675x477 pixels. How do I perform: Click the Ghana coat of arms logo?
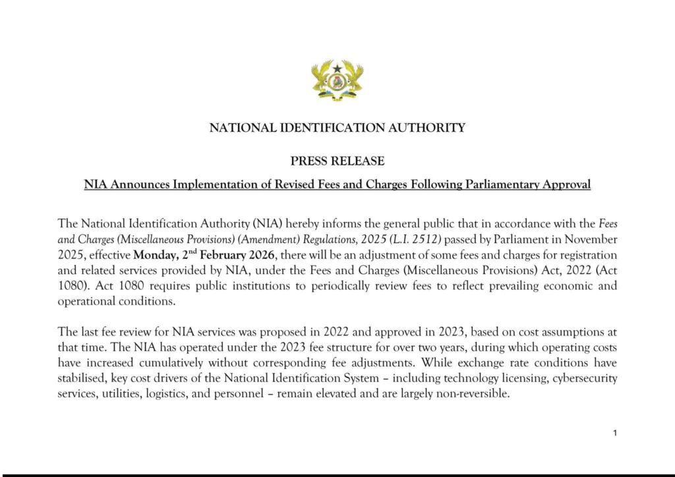pos(337,80)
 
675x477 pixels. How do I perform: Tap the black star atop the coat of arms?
pos(337,67)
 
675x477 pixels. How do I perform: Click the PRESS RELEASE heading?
pos(337,161)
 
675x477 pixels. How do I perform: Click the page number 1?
pos(614,433)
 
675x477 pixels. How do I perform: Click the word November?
pos(590,238)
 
